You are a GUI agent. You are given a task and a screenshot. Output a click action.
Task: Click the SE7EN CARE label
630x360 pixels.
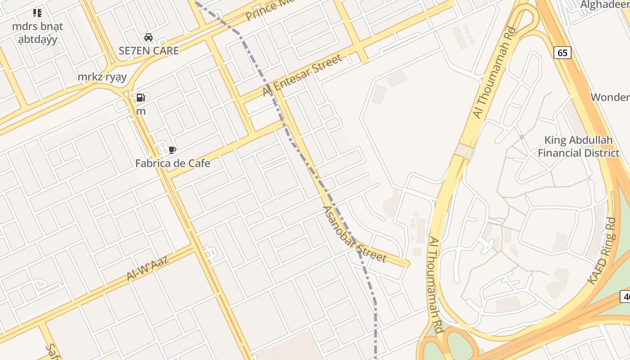pos(148,50)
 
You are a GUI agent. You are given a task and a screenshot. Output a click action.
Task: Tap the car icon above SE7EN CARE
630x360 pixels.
pos(148,37)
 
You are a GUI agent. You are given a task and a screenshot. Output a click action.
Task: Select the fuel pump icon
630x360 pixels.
pos(140,97)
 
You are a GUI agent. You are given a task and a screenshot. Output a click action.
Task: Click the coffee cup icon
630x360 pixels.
pos(172,150)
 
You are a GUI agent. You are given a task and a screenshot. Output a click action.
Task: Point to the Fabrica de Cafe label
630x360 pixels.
pos(172,163)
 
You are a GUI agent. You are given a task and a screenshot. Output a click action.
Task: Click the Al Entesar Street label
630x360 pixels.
pos(302,76)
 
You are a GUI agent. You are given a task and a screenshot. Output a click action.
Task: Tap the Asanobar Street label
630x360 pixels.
pos(355,234)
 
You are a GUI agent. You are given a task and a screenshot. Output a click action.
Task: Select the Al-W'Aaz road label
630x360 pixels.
pos(148,268)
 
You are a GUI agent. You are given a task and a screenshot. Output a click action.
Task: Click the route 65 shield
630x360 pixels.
pos(562,53)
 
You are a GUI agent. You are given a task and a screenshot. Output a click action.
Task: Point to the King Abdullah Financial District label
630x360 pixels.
pos(578,146)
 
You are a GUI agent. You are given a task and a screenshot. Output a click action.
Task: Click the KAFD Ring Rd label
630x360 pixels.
pos(602,251)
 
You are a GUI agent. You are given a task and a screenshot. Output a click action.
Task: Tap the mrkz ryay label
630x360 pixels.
pos(102,76)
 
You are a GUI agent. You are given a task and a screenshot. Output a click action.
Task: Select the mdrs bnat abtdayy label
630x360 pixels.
pos(37,32)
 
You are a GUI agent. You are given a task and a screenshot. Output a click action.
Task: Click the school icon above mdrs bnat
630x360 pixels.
pos(37,13)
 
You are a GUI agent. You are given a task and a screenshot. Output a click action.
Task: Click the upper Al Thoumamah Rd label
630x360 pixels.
pos(494,73)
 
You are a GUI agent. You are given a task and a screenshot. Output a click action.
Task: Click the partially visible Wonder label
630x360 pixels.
pos(610,97)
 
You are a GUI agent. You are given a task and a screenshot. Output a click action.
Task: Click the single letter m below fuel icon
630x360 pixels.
pos(141,111)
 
